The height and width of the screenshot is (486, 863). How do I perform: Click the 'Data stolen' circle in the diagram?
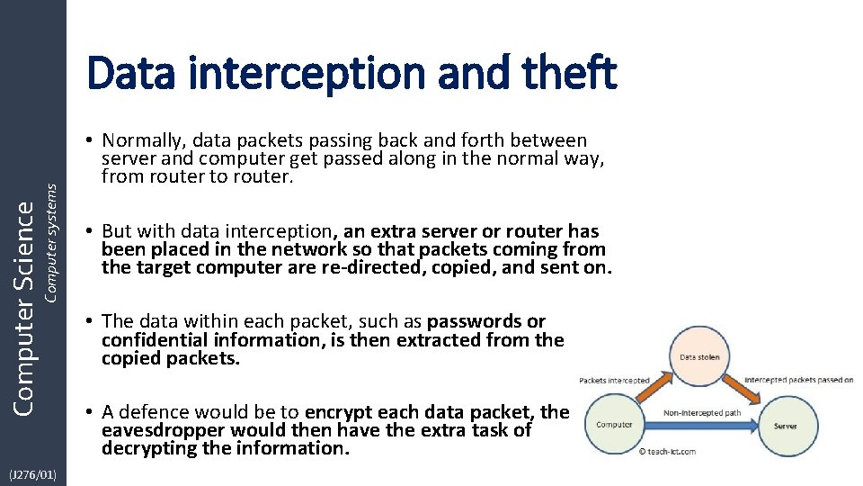point(699,357)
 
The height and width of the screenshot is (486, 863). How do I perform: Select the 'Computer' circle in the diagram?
point(614,425)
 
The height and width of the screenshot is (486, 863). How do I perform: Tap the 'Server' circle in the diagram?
point(785,425)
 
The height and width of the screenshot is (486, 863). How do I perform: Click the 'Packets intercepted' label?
point(614,381)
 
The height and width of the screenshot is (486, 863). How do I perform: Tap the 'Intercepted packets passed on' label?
point(799,380)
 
